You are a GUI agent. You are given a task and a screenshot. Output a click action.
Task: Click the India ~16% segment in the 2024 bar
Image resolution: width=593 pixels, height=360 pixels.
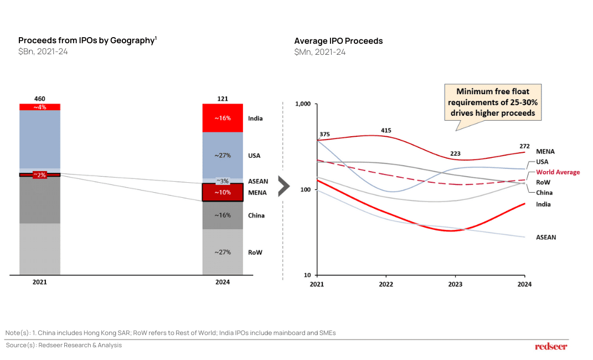click(223, 118)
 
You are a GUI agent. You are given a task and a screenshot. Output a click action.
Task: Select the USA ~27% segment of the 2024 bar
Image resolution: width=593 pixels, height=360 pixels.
click(223, 156)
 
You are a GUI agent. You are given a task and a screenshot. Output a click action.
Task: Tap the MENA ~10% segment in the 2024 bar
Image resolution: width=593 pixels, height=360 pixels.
click(223, 192)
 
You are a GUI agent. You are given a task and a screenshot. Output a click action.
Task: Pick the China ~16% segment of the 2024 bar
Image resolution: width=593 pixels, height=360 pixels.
click(223, 215)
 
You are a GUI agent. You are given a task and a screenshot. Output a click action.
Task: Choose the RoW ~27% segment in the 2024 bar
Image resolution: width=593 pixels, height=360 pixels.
click(223, 252)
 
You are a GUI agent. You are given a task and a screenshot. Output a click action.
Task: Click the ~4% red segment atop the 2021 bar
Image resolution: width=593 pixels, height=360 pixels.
click(40, 107)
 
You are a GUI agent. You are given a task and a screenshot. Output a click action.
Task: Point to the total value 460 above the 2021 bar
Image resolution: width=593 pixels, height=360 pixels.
click(40, 99)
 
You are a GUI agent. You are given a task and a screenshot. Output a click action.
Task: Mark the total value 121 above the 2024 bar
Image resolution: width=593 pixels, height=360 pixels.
click(223, 99)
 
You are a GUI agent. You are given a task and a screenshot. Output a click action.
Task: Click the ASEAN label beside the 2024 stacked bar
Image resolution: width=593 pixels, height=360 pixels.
click(258, 181)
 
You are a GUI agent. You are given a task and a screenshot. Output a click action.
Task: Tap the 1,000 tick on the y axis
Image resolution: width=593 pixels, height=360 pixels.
click(305, 104)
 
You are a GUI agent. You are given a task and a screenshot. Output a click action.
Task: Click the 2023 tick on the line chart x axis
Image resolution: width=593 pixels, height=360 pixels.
click(455, 284)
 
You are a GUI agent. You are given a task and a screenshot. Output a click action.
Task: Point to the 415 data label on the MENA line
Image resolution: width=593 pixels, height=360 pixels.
click(386, 131)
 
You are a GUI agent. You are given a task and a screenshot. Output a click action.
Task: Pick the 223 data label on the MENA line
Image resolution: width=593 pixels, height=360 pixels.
click(455, 153)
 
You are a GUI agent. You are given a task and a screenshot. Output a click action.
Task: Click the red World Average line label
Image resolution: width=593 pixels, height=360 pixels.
click(558, 172)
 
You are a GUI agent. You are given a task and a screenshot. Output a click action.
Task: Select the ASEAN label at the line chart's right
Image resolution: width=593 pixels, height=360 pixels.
click(546, 237)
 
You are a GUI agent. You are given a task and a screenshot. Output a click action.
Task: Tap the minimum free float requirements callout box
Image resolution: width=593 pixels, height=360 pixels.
click(493, 102)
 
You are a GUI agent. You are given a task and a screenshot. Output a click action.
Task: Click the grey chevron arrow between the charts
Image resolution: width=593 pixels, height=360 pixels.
click(283, 187)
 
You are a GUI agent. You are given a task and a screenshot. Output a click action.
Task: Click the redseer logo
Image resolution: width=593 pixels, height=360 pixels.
click(551, 346)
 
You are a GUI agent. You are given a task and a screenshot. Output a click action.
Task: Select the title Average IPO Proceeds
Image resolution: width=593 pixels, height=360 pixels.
click(338, 41)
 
